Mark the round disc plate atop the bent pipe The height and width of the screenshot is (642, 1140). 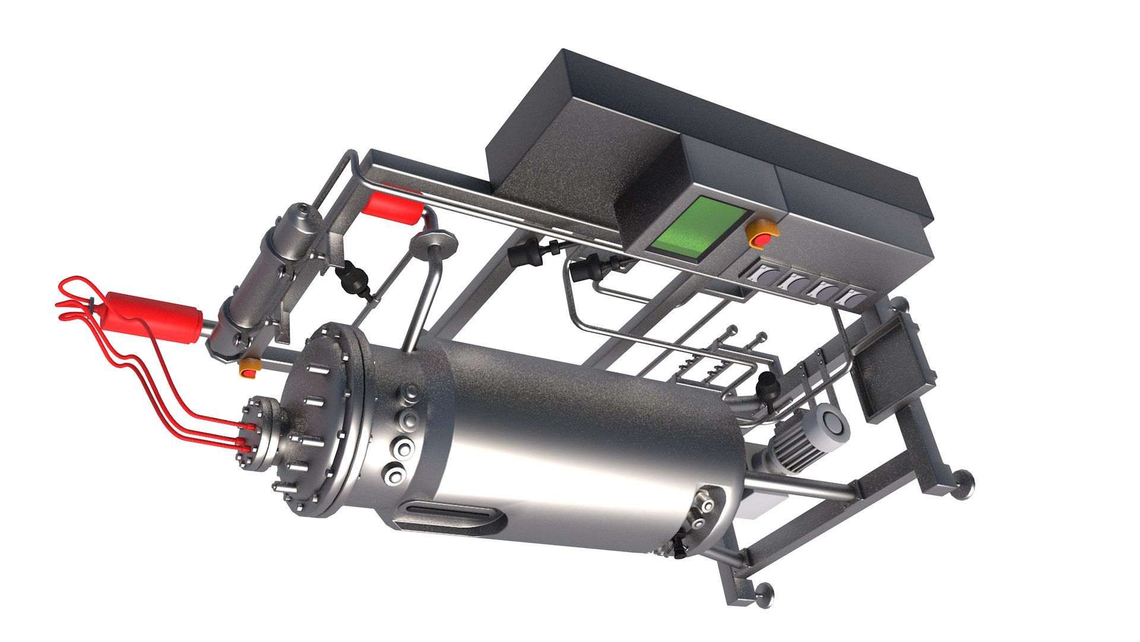point(435,243)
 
